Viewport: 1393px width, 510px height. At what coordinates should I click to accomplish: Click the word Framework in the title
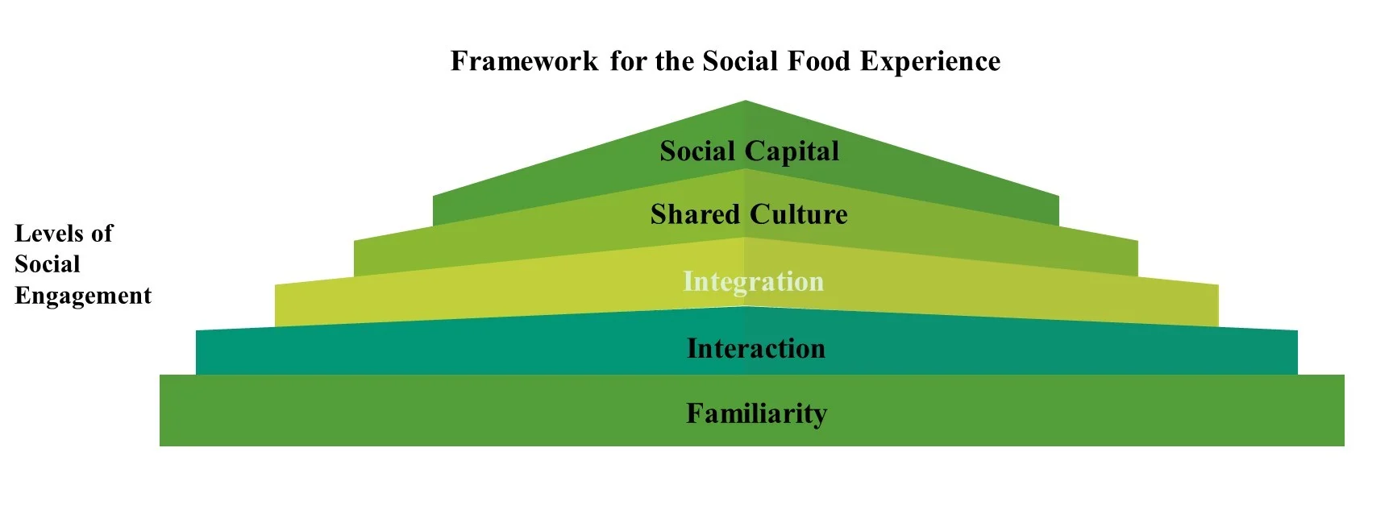pos(524,61)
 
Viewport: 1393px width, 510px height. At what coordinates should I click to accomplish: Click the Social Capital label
pos(749,151)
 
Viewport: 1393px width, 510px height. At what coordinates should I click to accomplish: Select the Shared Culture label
pos(749,214)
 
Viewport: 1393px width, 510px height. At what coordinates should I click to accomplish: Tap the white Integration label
pos(753,281)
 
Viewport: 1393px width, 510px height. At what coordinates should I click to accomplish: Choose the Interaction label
pos(756,348)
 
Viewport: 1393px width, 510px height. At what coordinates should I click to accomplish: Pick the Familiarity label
pos(756,413)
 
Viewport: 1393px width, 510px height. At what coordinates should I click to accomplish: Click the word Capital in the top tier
pos(792,151)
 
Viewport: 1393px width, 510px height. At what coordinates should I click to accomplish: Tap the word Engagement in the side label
pos(83,296)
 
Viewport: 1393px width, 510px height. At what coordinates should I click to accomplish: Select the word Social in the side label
pos(48,264)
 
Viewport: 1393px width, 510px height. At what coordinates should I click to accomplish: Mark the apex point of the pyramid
pos(745,102)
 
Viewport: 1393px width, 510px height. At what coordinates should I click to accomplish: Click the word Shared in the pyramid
pos(695,214)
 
